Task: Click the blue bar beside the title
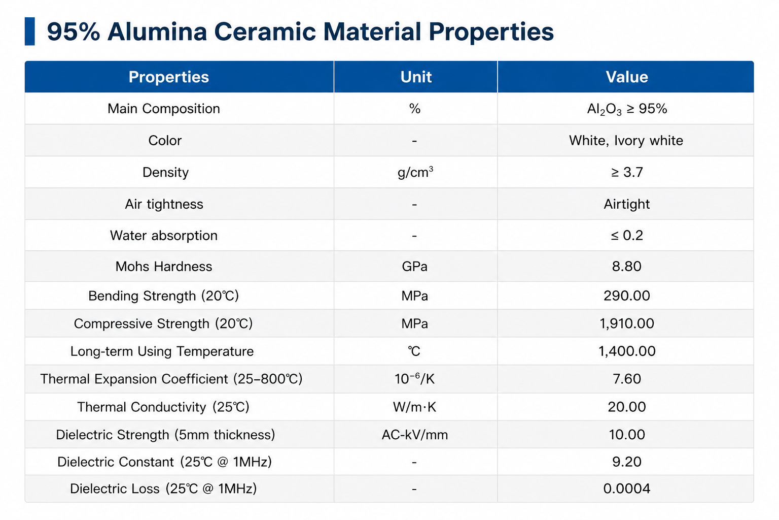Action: coord(29,31)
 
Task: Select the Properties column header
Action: coord(169,77)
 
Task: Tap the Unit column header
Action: coord(415,77)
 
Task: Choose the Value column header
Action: coord(627,77)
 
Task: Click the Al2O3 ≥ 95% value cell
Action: coord(627,109)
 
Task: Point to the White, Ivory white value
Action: coord(626,140)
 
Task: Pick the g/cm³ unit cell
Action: coord(415,172)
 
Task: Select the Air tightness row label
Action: coord(164,204)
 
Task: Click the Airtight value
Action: coord(627,204)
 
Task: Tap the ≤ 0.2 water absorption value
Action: coord(627,236)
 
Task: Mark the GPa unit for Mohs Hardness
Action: coord(414,267)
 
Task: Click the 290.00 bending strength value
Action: coord(627,296)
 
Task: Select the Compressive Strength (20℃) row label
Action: coord(163,323)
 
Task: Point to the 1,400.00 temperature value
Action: coord(627,351)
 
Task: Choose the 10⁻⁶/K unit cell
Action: coord(414,379)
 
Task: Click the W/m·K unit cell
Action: coord(414,407)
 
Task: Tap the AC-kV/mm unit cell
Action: coord(414,435)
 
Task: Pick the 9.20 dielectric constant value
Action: coord(627,462)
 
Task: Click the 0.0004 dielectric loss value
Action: coord(627,489)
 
